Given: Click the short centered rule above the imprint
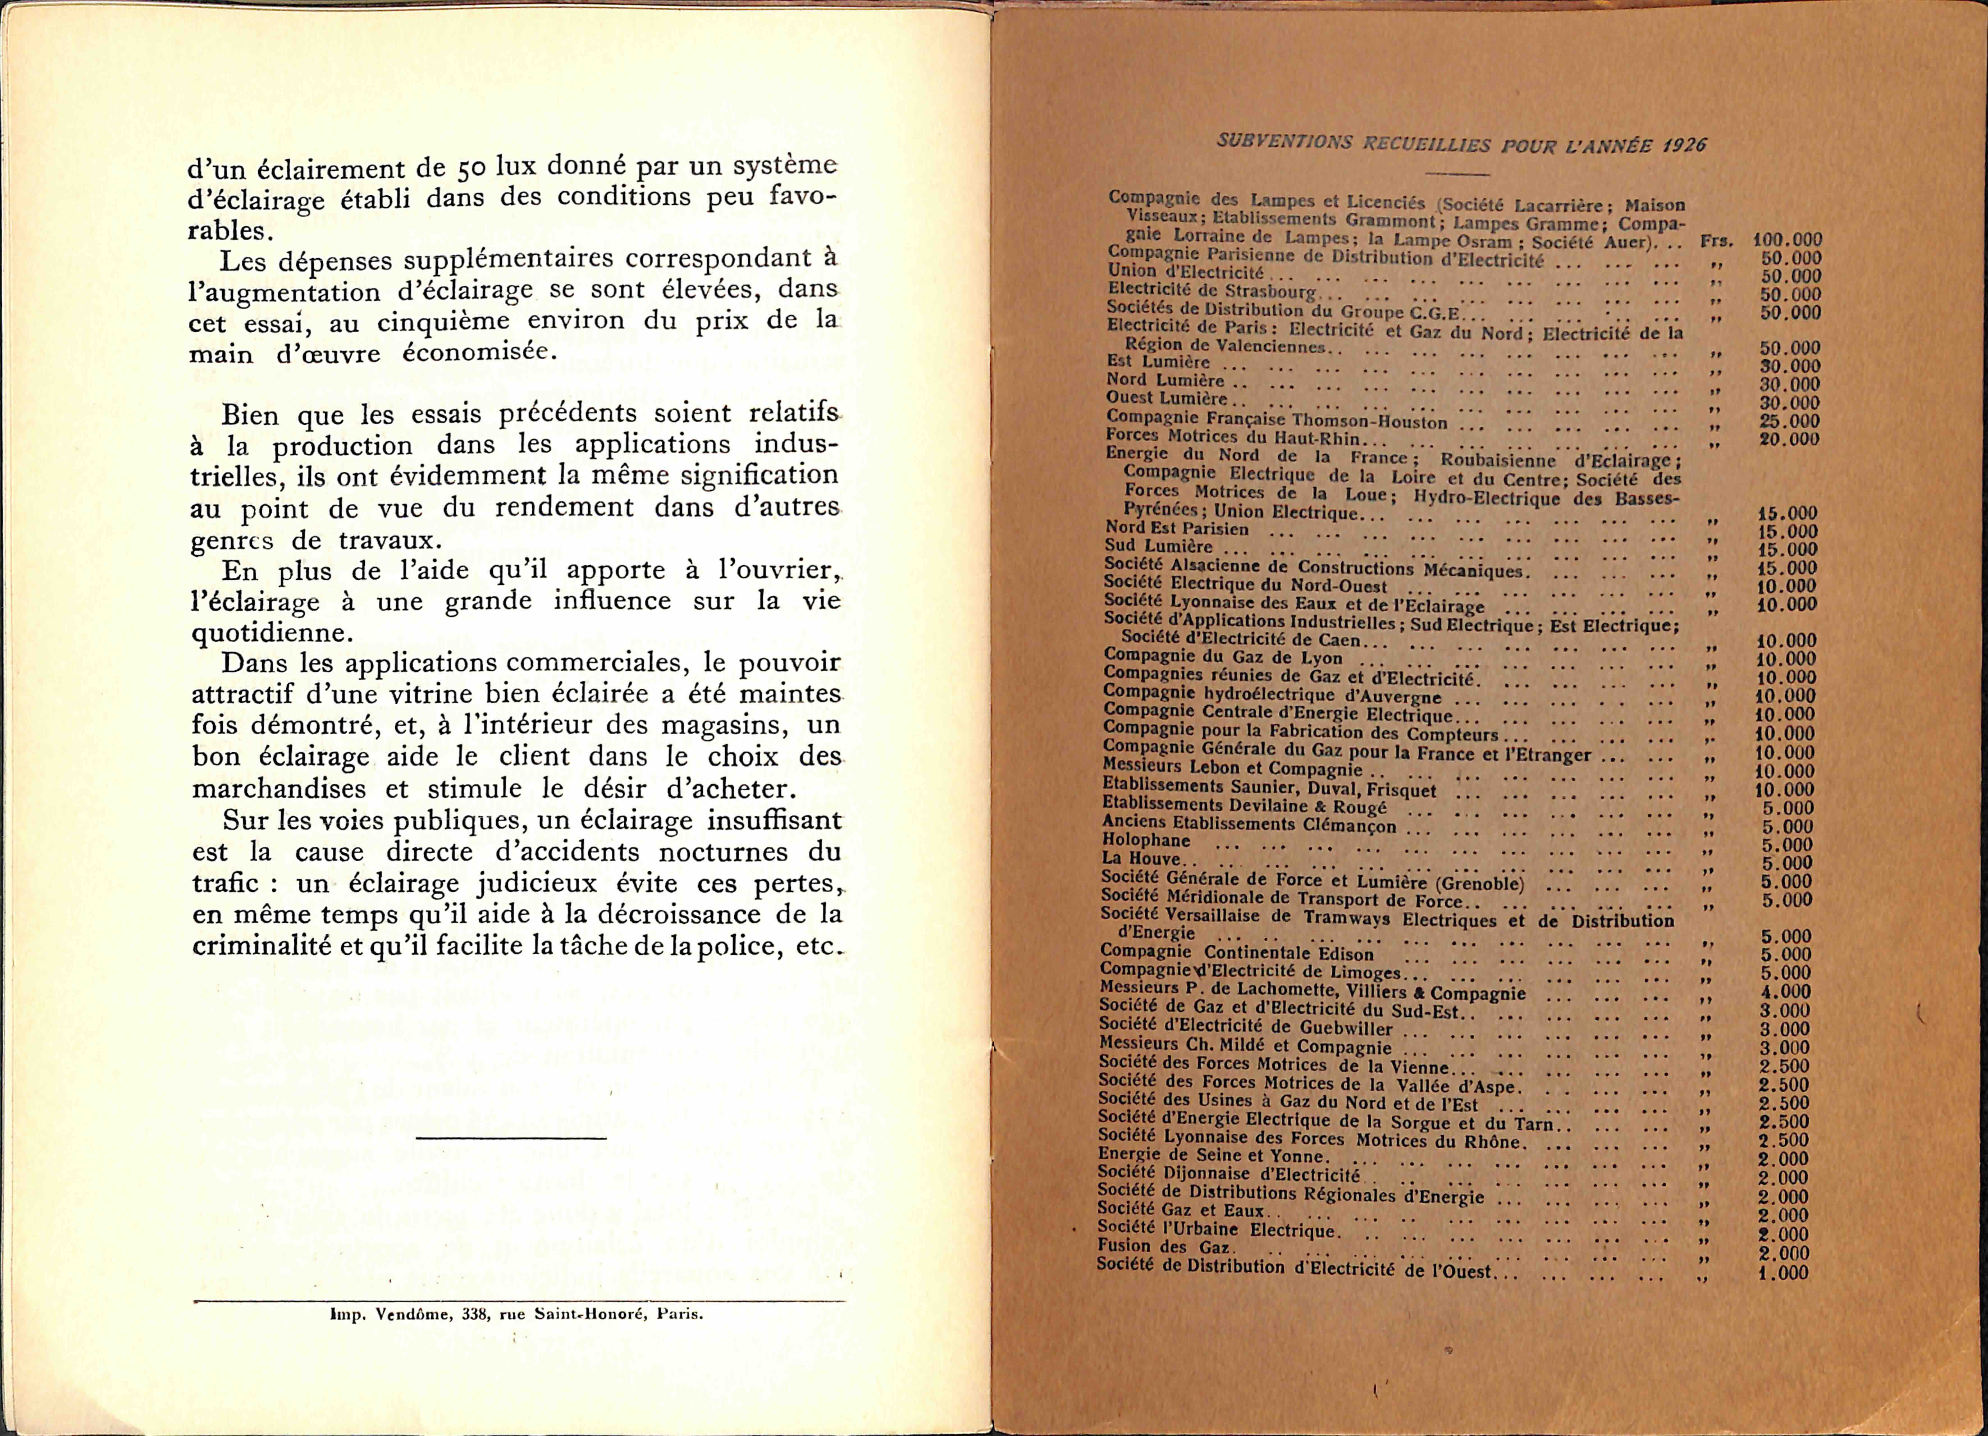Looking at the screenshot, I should coord(511,1138).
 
